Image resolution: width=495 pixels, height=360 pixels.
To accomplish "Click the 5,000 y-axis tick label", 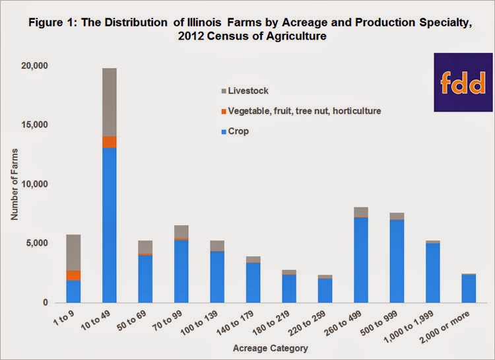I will point(42,243).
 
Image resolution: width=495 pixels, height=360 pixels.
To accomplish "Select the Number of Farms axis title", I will point(15,184).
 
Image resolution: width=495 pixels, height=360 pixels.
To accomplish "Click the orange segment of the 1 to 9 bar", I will point(73,275).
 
